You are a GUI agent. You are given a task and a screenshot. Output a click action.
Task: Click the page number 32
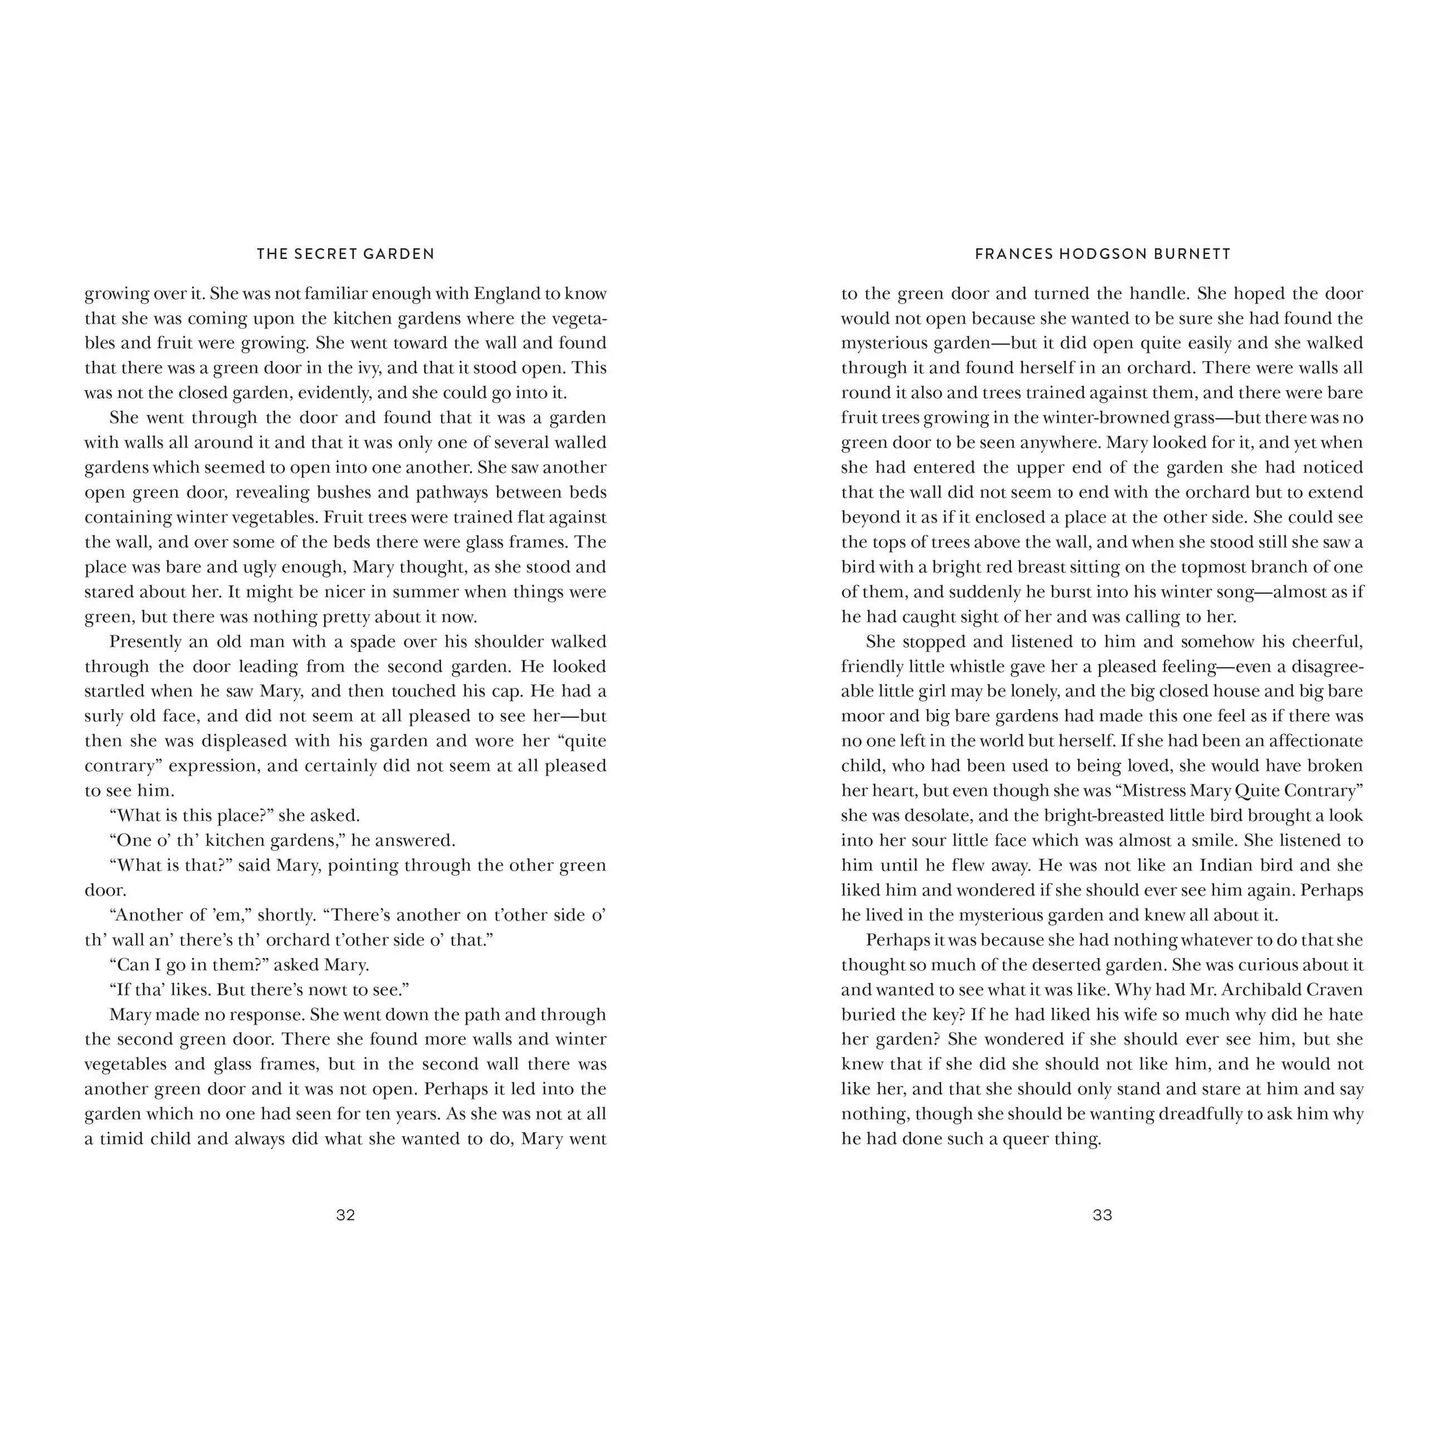click(345, 1215)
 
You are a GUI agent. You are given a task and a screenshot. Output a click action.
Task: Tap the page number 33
click(1103, 1215)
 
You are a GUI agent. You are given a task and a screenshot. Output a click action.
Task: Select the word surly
click(104, 716)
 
